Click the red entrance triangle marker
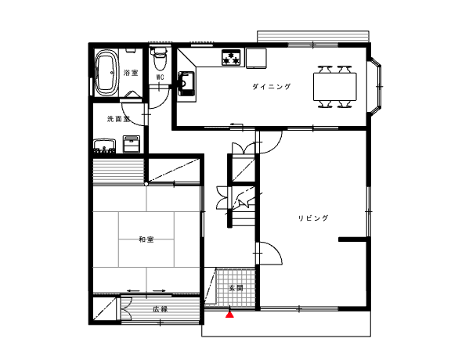pos(229,315)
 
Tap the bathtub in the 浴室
pos(106,73)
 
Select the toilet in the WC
pos(159,59)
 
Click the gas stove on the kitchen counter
pos(231,57)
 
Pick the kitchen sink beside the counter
pos(186,84)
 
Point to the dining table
pos(335,87)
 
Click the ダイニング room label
pos(272,87)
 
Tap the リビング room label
pos(313,218)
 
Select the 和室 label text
pos(146,239)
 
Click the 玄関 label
pos(236,287)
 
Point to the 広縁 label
pos(160,309)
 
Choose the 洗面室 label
pos(118,119)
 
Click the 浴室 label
pos(131,73)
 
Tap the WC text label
pos(161,77)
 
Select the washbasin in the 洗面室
pos(104,146)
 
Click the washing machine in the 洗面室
pos(132,144)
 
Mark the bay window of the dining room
pos(375,87)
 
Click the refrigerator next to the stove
pos(256,58)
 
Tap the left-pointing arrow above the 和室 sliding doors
pos(133,290)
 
